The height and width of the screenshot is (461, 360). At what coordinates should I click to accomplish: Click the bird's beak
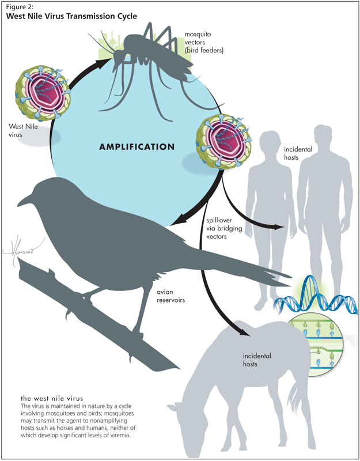click(24, 199)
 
